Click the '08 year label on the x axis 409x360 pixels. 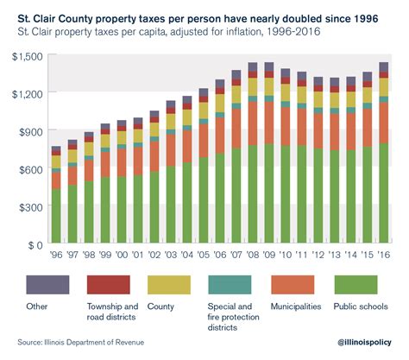(254, 257)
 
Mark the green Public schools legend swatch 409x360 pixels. (362, 284)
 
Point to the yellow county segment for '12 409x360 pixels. (319, 99)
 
